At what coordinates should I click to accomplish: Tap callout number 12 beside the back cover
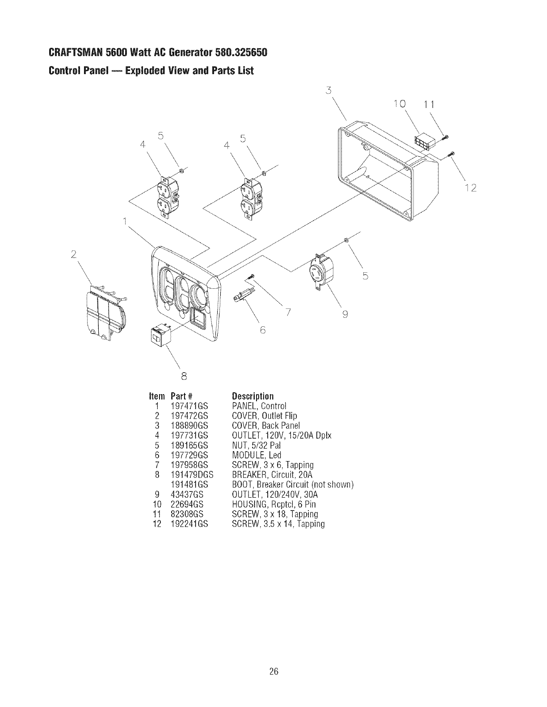[x=471, y=188]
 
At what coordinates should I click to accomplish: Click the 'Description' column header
[x=252, y=396]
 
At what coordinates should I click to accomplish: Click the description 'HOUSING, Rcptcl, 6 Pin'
[x=274, y=504]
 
